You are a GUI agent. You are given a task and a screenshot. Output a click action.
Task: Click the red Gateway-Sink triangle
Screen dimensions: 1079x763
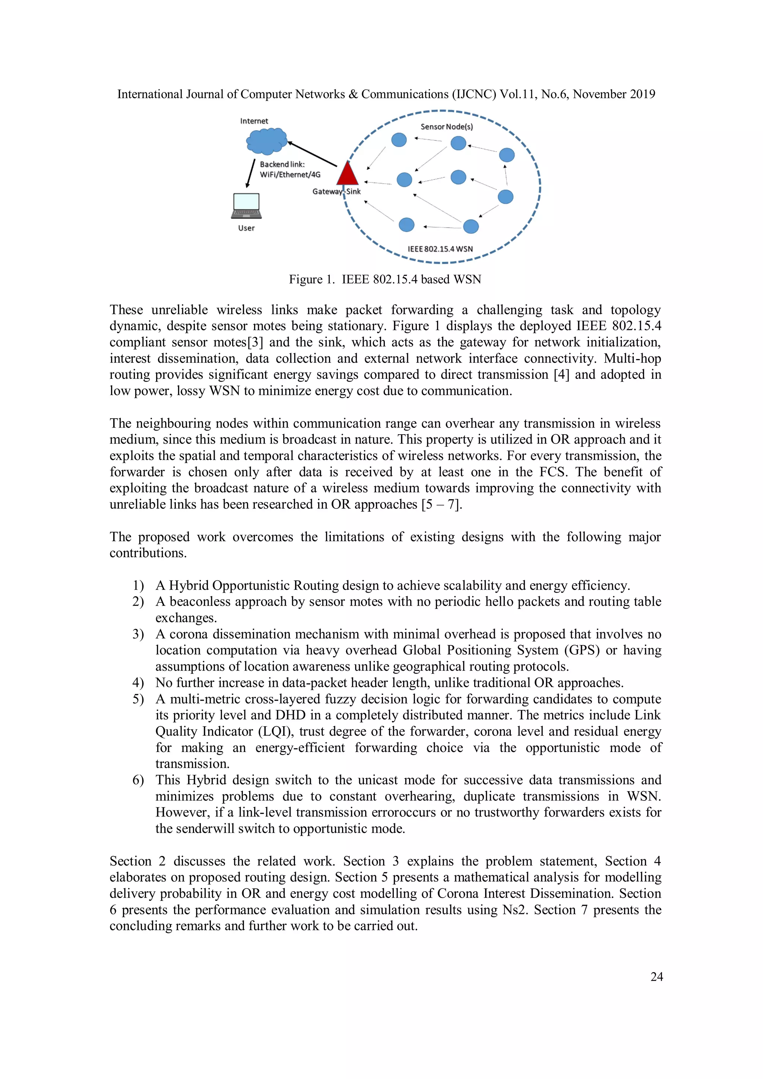348,174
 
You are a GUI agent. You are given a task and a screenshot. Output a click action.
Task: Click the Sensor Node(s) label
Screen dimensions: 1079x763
446,126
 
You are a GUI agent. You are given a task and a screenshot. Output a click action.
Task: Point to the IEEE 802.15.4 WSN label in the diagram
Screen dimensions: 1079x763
440,249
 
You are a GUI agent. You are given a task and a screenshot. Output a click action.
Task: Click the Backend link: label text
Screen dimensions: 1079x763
282,164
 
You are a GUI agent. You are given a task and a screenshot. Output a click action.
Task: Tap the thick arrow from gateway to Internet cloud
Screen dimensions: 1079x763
312,154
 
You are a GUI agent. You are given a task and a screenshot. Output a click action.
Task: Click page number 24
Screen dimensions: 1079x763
656,977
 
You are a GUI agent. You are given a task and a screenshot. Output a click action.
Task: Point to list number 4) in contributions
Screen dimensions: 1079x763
138,682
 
